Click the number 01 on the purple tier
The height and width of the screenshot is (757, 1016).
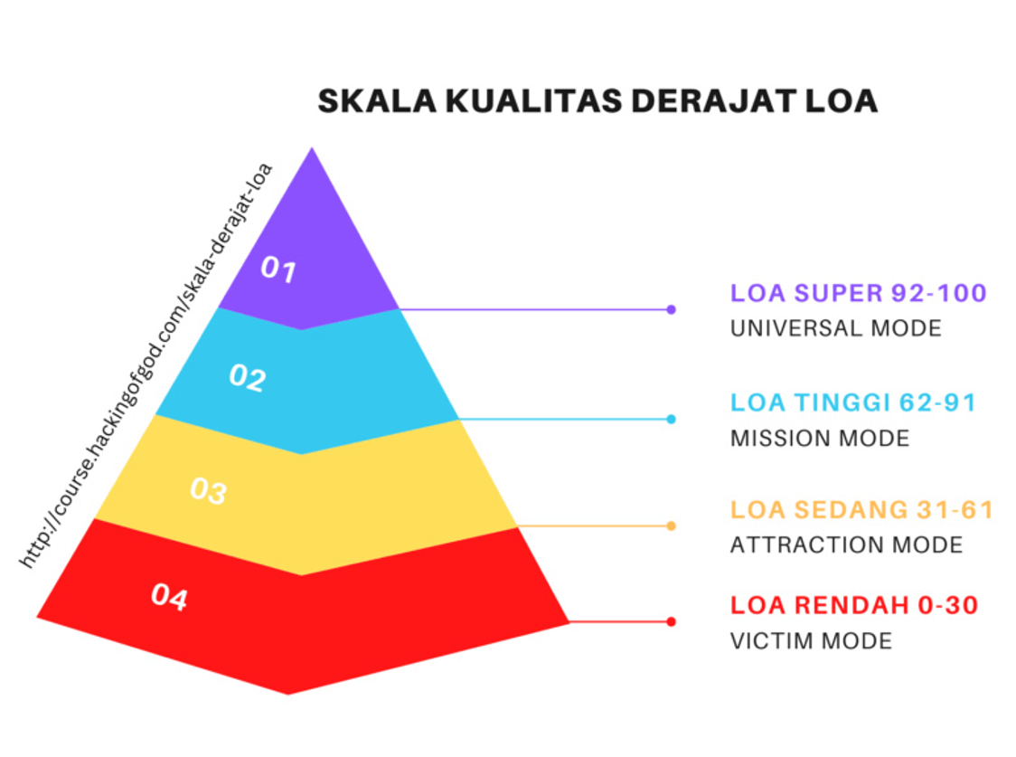pyautogui.click(x=278, y=269)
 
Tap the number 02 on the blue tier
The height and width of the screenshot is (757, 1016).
pyautogui.click(x=248, y=377)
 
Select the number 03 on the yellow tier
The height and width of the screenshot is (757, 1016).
pyautogui.click(x=209, y=490)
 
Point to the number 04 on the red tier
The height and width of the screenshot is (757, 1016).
pyautogui.click(x=170, y=597)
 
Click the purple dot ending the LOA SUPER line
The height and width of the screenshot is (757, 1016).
pyautogui.click(x=672, y=310)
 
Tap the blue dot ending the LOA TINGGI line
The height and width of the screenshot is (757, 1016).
pyautogui.click(x=672, y=420)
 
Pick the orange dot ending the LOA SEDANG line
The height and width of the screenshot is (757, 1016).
pyautogui.click(x=672, y=525)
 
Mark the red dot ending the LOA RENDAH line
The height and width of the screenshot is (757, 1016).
pyautogui.click(x=672, y=621)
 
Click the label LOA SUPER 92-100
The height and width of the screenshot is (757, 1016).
pyautogui.click(x=859, y=293)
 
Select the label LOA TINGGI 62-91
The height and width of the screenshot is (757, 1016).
pyautogui.click(x=853, y=402)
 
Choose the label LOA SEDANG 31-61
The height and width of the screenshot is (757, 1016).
pyautogui.click(x=861, y=510)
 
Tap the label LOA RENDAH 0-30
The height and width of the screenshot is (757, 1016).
pyautogui.click(x=855, y=605)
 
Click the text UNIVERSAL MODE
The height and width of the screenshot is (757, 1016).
pyautogui.click(x=836, y=328)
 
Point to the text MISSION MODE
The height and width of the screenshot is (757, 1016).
pyautogui.click(x=821, y=438)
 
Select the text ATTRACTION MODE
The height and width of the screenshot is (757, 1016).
pyautogui.click(x=847, y=544)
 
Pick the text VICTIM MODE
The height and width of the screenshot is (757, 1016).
pyautogui.click(x=811, y=641)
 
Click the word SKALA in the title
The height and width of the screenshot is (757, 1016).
pyautogui.click(x=377, y=101)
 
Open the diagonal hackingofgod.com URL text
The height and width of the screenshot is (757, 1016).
pyautogui.click(x=146, y=366)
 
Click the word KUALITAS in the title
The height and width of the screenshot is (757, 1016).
pyautogui.click(x=534, y=101)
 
